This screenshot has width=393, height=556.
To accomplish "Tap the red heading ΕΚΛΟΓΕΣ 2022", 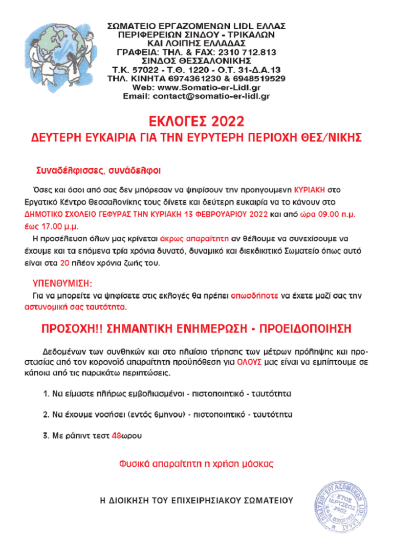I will tap(196, 121).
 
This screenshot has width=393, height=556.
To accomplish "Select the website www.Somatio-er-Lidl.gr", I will tap(197, 87).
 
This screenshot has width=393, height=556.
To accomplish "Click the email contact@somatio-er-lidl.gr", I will tap(196, 96).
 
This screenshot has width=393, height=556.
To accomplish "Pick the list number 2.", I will tap(45, 414).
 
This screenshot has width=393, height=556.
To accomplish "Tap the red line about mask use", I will tap(196, 464).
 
